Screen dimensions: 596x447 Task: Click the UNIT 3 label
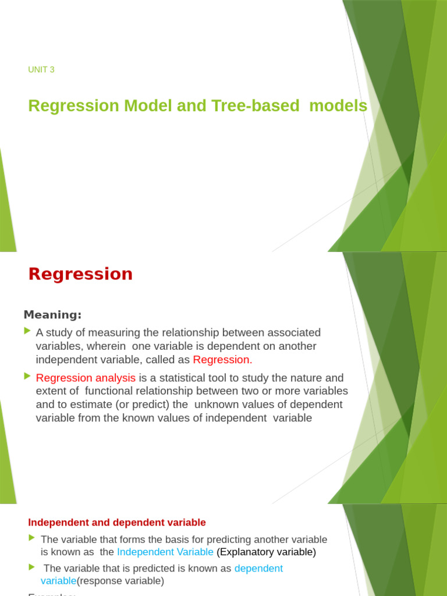click(41, 70)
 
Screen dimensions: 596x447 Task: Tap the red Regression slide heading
click(80, 274)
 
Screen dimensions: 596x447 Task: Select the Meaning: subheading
click(52, 315)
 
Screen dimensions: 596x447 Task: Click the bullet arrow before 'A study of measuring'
click(27, 331)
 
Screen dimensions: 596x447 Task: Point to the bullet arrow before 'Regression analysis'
click(27, 376)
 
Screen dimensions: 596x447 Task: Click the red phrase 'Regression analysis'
click(86, 378)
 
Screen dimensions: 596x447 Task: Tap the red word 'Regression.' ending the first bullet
click(222, 360)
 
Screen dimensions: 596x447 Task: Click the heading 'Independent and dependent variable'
click(117, 523)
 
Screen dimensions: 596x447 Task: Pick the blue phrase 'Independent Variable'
click(165, 552)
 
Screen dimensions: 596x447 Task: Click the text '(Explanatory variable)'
click(266, 552)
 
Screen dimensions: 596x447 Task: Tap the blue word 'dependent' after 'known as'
click(258, 568)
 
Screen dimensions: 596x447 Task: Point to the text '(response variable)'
click(120, 581)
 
